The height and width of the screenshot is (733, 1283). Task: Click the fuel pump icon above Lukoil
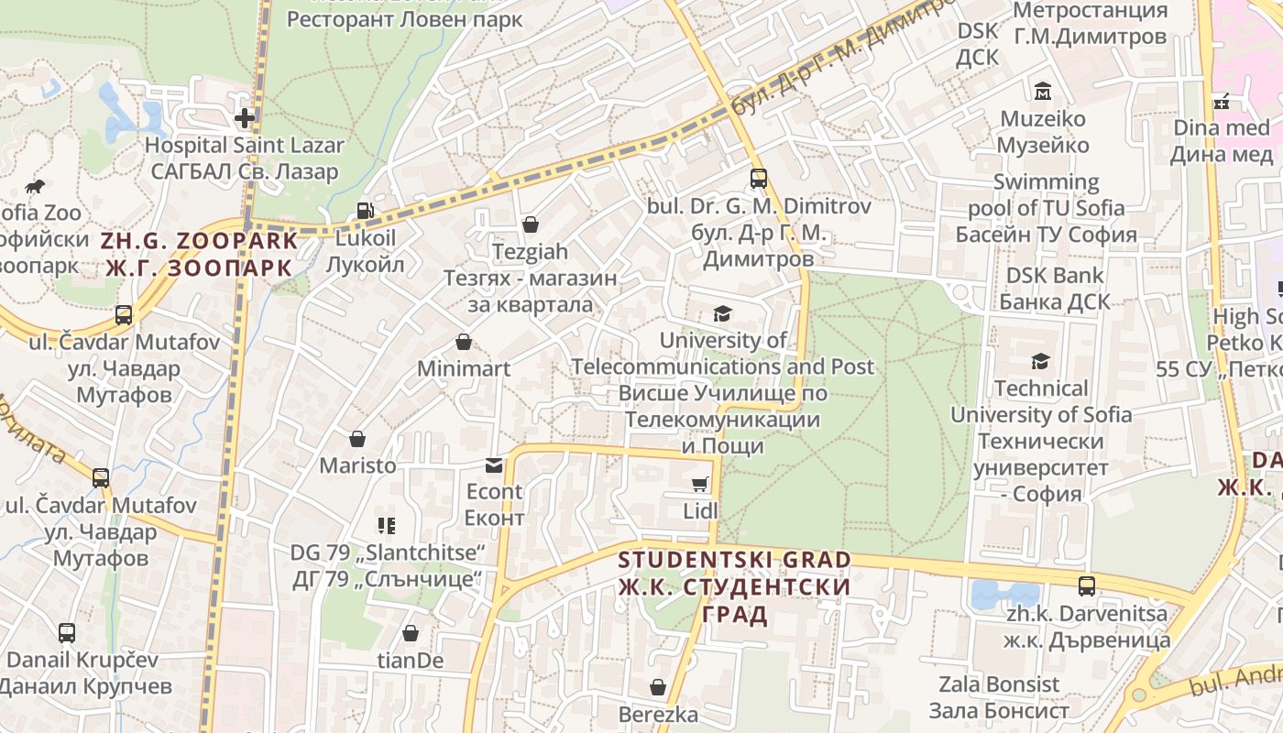(x=365, y=211)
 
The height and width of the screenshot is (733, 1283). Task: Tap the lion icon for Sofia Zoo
(x=36, y=187)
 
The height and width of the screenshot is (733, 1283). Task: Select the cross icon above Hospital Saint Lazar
(x=245, y=117)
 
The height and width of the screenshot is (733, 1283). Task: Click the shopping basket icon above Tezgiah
(x=530, y=224)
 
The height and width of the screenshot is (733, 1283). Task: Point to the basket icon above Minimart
(x=464, y=342)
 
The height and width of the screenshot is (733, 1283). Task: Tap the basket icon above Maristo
(x=357, y=439)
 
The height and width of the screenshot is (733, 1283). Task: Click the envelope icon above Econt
(x=495, y=465)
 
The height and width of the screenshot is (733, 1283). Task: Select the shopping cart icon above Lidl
(x=700, y=484)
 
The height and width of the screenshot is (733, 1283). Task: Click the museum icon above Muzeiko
(x=1042, y=92)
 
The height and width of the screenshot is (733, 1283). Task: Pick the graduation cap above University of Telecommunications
(x=722, y=314)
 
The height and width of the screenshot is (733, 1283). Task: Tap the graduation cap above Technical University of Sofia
(x=1040, y=361)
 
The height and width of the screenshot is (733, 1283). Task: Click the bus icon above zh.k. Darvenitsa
(x=1086, y=586)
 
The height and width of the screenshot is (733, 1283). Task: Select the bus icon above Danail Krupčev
(x=67, y=632)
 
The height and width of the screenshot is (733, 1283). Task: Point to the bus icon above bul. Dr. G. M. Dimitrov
(x=758, y=179)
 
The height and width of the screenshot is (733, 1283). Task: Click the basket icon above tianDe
(x=411, y=633)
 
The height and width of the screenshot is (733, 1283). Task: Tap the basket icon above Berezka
(x=657, y=687)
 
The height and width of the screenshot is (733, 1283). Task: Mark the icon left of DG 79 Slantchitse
(x=386, y=525)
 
